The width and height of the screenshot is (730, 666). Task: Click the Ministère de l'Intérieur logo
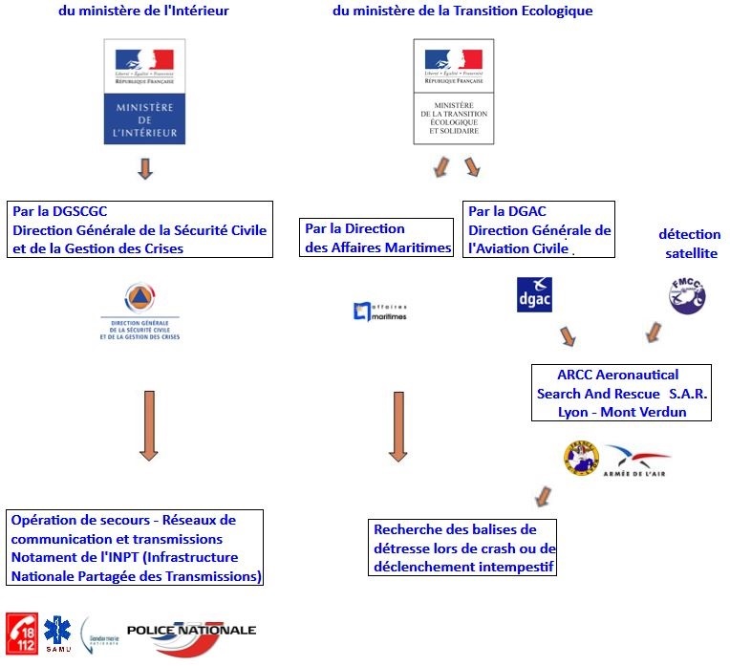click(x=144, y=92)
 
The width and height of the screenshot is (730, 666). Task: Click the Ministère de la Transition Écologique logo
click(x=453, y=92)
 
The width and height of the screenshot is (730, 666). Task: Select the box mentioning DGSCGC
click(x=140, y=229)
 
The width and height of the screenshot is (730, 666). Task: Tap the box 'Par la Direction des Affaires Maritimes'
click(x=376, y=238)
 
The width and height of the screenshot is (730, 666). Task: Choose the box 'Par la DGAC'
click(x=539, y=230)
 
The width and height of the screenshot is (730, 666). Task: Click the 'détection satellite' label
click(x=689, y=244)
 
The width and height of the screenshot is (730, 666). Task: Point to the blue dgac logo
click(x=533, y=294)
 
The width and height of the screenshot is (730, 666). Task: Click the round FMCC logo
click(x=686, y=295)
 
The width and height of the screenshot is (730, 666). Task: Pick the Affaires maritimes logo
click(x=379, y=310)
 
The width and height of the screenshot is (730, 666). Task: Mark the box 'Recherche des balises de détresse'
click(x=462, y=548)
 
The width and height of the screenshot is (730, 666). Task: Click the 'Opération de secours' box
click(x=136, y=548)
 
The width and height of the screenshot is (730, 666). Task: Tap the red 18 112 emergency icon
click(x=22, y=632)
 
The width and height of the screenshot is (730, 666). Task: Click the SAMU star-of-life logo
click(x=58, y=633)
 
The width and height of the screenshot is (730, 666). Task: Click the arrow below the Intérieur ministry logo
click(x=145, y=169)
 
